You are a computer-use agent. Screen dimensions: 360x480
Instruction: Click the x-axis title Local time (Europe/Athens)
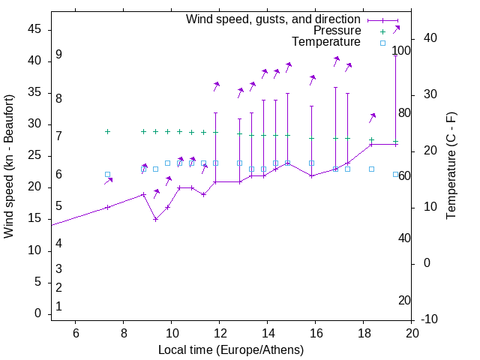(231, 349)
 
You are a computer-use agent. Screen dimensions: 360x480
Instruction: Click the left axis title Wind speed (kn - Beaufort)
(9, 166)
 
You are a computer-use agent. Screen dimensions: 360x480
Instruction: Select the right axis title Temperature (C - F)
(451, 166)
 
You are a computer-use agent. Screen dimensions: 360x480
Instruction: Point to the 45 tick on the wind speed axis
(34, 29)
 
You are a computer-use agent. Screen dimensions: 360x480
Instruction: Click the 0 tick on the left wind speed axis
(38, 313)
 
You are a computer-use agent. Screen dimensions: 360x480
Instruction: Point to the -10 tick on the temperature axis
(431, 319)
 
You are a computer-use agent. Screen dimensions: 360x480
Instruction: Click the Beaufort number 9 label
(58, 55)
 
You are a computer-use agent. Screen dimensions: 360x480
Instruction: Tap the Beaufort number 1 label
(58, 307)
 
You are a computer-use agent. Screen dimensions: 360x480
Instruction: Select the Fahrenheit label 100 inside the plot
(401, 51)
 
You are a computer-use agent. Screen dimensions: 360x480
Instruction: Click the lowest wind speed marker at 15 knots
(155, 219)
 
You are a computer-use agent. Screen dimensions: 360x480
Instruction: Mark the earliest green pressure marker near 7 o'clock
(107, 131)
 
